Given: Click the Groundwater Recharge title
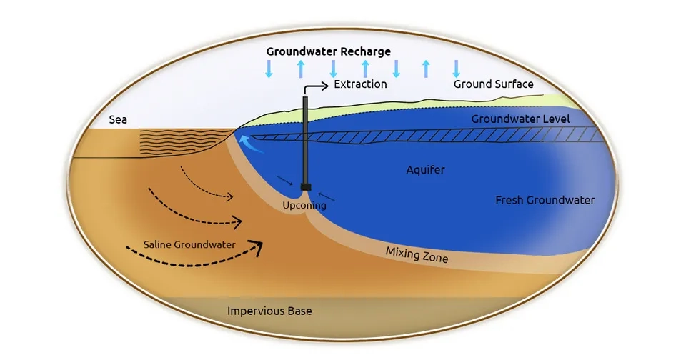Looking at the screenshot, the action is (x=328, y=51).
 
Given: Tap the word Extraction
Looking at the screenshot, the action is (x=360, y=84).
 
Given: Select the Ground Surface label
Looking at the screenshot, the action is (x=494, y=84).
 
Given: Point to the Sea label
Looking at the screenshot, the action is (x=118, y=119).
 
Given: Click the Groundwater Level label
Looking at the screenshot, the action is (x=521, y=119).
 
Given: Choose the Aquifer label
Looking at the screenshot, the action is (x=425, y=170).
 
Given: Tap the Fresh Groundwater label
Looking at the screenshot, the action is (x=545, y=200).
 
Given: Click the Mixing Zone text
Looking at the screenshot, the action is (x=417, y=254).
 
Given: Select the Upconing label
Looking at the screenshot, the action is (x=304, y=205).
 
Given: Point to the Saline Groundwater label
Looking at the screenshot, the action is (x=189, y=244).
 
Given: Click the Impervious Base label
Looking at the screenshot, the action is (x=269, y=311).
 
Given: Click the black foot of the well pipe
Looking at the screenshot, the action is (x=306, y=187).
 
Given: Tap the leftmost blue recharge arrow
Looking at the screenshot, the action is (x=269, y=69).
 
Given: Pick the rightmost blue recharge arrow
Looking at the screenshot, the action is (x=457, y=69).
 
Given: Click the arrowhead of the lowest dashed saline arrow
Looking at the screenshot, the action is (x=257, y=247).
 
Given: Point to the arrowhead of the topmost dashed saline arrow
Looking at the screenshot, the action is (x=229, y=197).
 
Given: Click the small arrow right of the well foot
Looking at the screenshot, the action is (x=327, y=197).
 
